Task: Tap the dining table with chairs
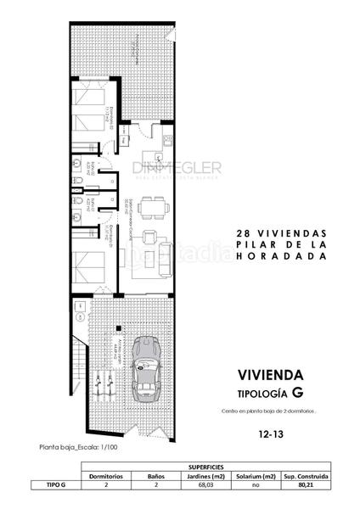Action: coord(152,206)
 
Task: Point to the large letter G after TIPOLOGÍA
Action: coord(297,393)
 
